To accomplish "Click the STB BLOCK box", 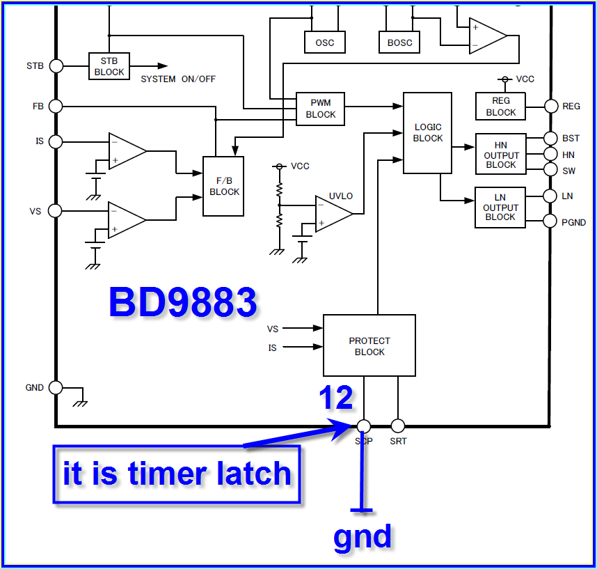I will click(x=109, y=66).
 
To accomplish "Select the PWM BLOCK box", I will click(x=320, y=109).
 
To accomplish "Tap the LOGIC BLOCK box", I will click(x=427, y=133).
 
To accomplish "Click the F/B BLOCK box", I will click(x=223, y=187).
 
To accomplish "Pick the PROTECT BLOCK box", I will click(x=369, y=346).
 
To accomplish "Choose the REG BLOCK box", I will click(x=500, y=107).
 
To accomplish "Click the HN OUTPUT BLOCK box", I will click(x=500, y=155).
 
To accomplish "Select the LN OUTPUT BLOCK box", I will click(x=500, y=208).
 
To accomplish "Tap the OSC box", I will click(x=324, y=42).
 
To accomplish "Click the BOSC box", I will click(x=399, y=42).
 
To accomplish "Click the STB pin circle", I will click(x=56, y=66).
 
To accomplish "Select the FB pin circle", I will click(x=56, y=106).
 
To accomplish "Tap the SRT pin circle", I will click(x=398, y=426).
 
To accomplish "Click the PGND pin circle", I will click(x=550, y=222).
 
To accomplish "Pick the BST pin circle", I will click(x=550, y=139).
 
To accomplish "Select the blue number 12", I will click(x=335, y=398).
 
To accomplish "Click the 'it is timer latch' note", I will click(x=177, y=474).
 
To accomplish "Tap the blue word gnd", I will click(x=362, y=537).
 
